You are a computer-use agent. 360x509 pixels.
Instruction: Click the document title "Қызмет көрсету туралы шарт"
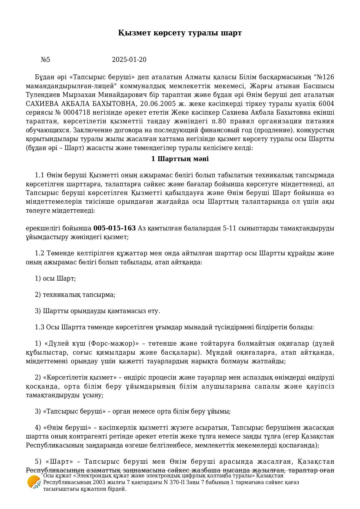pyautogui.click(x=180, y=33)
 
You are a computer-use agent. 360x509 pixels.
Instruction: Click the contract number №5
pyautogui.click(x=46, y=60)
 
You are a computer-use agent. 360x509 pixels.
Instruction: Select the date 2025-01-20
pyautogui.click(x=129, y=60)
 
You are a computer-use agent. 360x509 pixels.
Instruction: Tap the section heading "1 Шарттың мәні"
pyautogui.click(x=180, y=159)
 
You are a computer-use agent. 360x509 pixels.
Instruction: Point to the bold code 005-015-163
pyautogui.click(x=115, y=228)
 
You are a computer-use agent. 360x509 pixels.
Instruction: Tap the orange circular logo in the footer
pyautogui.click(x=34, y=483)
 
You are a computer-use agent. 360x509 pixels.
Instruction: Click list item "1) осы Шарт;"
pyautogui.click(x=55, y=279)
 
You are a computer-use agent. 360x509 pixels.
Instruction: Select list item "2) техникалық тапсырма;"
pyautogui.click(x=75, y=295)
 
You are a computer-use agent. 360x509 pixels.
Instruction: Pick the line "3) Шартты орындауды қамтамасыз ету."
pyautogui.click(x=97, y=311)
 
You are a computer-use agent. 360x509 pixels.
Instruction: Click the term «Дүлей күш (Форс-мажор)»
pyautogui.click(x=91, y=344)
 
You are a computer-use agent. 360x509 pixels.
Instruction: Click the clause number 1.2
pyautogui.click(x=39, y=253)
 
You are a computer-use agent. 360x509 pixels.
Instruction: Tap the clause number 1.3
pyautogui.click(x=39, y=327)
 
